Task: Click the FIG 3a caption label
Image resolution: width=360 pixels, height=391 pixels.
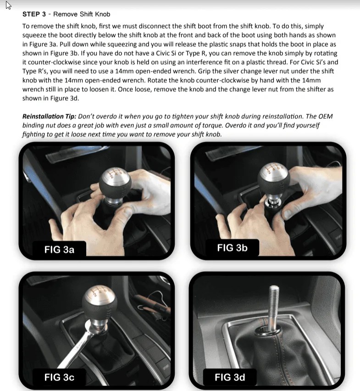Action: [x=59, y=250]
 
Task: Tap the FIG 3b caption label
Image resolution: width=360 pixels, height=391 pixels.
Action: [x=232, y=248]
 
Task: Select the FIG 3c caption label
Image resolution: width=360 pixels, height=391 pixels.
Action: [x=59, y=377]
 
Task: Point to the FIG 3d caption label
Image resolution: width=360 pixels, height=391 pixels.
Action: [x=230, y=377]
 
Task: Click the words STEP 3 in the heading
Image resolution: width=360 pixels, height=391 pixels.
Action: [x=34, y=15]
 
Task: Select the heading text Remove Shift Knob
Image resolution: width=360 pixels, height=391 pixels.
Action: [x=82, y=15]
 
